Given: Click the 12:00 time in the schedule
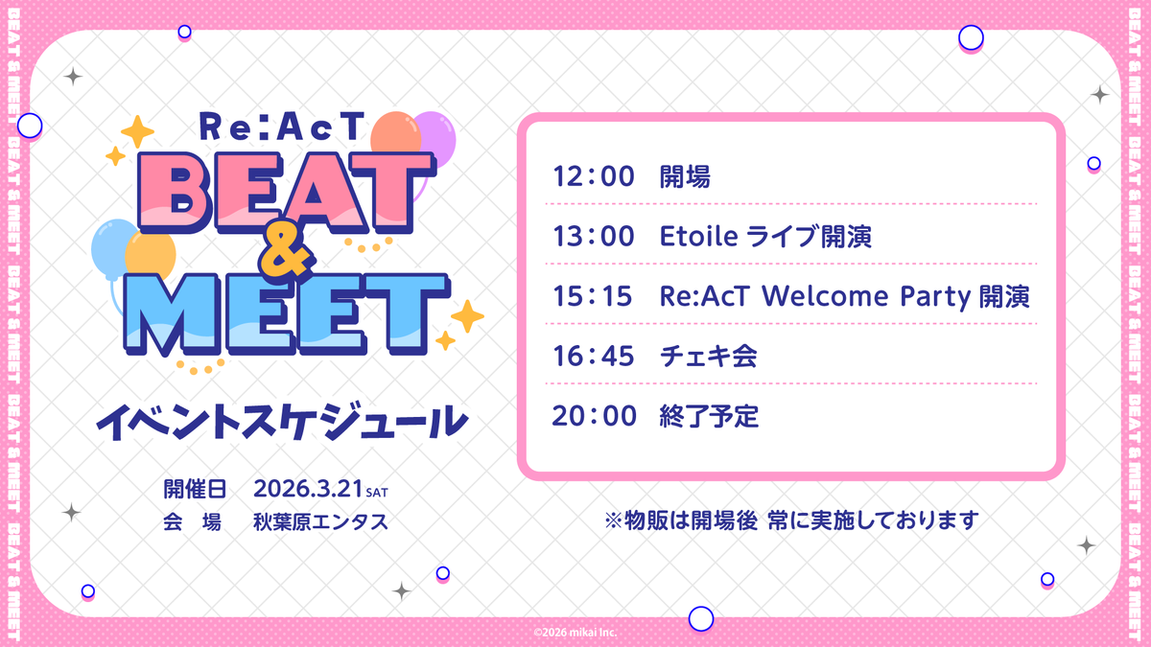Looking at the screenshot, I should point(594,177).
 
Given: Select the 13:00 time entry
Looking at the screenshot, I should point(594,238).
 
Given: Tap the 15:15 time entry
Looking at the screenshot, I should point(594,297).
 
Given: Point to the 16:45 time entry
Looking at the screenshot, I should point(594,357).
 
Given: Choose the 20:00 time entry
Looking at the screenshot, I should point(594,416).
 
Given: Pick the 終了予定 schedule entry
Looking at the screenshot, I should point(709,416).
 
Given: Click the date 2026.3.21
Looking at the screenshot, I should point(309,491).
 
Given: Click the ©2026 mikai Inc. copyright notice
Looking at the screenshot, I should point(575,632).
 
